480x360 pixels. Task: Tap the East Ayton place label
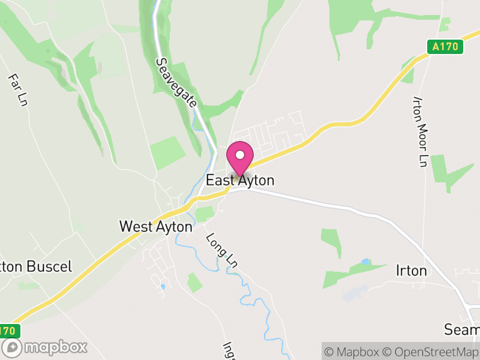[x=240, y=180]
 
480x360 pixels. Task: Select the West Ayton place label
[x=156, y=227]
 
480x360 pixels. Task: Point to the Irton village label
[x=412, y=271]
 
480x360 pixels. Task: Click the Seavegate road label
[x=176, y=82]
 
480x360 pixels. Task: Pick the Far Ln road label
[x=18, y=91]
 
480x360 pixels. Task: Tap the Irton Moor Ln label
[x=421, y=131]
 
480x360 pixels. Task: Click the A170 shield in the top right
[x=446, y=47]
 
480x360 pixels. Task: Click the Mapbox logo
[x=45, y=347]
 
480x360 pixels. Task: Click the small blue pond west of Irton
[x=366, y=262]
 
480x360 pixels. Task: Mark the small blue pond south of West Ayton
[x=163, y=287]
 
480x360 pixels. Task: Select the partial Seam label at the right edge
[x=462, y=329]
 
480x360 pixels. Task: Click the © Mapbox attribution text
[x=358, y=352]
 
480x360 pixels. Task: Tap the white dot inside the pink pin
[x=240, y=155]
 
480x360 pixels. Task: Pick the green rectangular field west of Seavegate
[x=168, y=152]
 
